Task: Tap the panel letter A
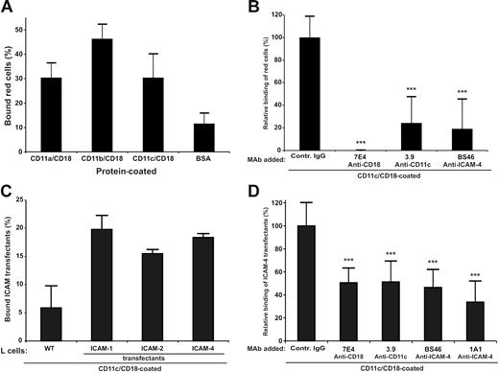9,9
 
